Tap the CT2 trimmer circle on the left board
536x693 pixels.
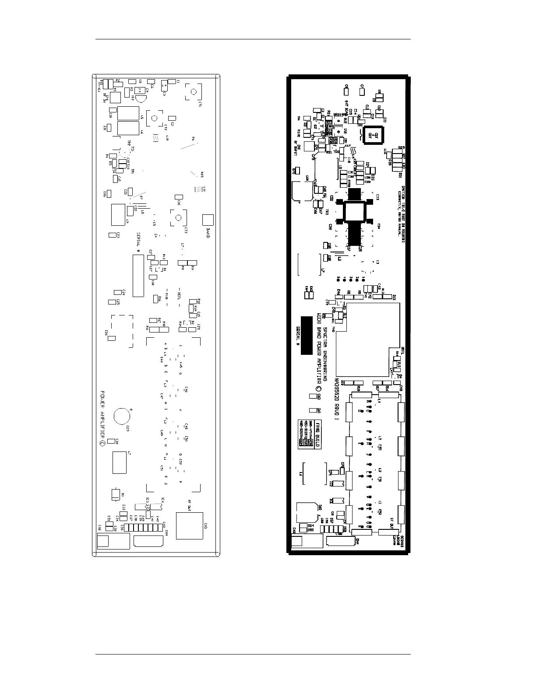[x=154, y=118]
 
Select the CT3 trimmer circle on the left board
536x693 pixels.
[x=178, y=217]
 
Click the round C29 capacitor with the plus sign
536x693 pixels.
[x=122, y=416]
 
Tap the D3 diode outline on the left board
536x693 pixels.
[x=115, y=494]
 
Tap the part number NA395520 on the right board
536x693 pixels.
[x=337, y=394]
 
